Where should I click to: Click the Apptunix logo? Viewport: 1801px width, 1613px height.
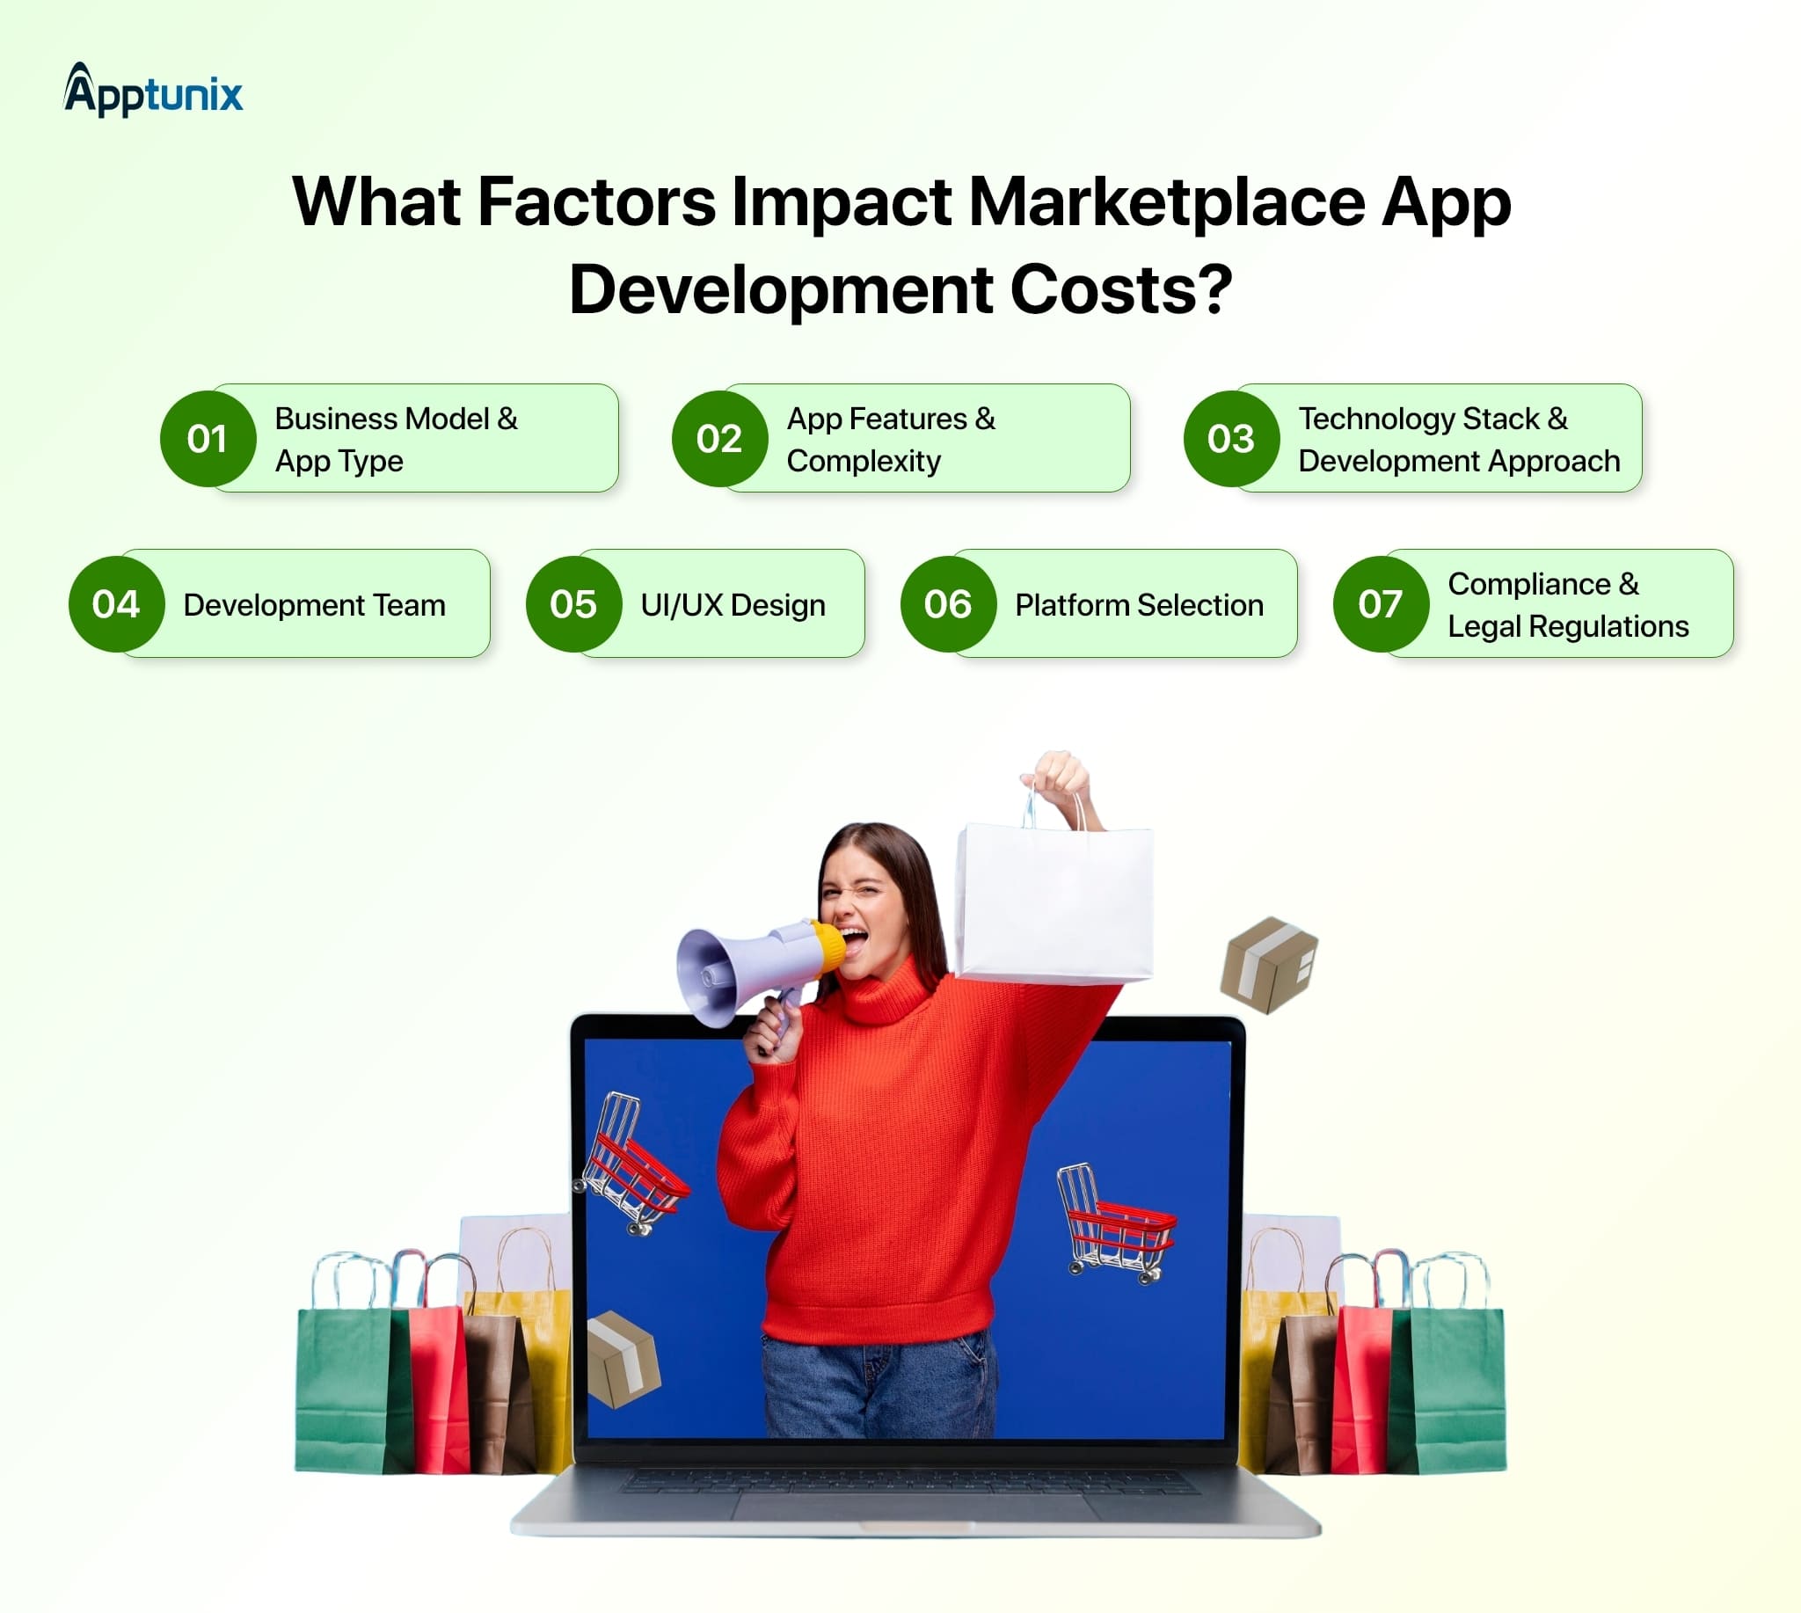tap(153, 91)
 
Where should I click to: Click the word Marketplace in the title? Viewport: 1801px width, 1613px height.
tap(1166, 202)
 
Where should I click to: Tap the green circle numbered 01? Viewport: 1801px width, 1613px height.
tap(208, 439)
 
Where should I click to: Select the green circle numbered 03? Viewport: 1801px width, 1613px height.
tap(1231, 439)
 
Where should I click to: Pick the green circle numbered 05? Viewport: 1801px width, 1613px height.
tap(573, 604)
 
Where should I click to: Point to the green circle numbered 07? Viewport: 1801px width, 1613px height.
tap(1380, 604)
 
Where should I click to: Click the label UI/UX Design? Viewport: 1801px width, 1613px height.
tap(733, 605)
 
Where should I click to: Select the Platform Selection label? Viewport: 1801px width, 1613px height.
tap(1139, 605)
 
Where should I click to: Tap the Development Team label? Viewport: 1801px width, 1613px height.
tap(314, 605)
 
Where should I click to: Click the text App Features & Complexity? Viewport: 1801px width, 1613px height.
tap(890, 440)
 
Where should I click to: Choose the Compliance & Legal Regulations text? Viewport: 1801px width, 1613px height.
tap(1567, 605)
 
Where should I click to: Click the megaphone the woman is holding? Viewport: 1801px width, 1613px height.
tap(754, 970)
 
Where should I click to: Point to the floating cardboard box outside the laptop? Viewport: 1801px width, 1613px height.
tap(1268, 964)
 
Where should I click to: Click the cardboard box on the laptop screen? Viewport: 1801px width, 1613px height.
tap(623, 1358)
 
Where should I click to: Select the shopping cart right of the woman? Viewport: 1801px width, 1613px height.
tap(1115, 1223)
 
